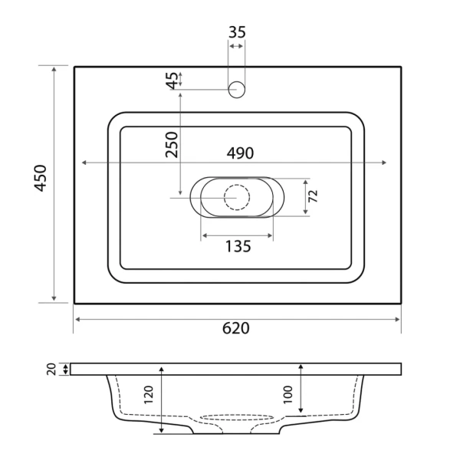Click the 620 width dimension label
236,328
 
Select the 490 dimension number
239,153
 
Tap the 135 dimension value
238,246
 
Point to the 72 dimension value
313,196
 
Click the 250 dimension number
171,143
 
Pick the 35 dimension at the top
237,32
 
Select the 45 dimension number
171,79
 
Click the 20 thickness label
51,370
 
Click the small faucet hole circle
237,89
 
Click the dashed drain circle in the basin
237,198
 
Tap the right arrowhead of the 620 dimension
398,318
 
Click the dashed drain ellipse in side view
237,417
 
